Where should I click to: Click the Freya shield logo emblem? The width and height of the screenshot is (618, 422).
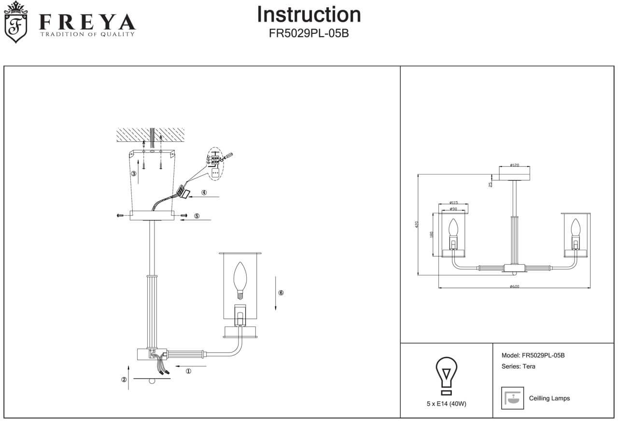point(15,22)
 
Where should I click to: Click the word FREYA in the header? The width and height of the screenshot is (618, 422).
point(87,22)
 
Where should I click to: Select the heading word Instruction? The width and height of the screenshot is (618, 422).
point(309,14)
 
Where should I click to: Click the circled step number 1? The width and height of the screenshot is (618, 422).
point(188,371)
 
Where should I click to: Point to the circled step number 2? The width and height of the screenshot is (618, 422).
point(124,380)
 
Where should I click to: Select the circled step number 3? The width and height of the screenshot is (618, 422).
point(134,174)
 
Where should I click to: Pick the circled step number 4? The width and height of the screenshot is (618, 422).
point(204,192)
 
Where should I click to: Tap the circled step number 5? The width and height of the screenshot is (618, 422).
point(197,216)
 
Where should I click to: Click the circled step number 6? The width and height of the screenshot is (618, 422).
point(281,293)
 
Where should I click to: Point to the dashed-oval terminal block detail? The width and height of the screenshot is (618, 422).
point(216,163)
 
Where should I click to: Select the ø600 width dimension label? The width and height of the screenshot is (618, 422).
point(514,286)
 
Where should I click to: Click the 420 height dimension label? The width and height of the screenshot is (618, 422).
point(419,225)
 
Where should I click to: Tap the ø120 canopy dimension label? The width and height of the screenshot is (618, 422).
point(514,165)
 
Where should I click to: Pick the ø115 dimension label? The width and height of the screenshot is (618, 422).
point(453,203)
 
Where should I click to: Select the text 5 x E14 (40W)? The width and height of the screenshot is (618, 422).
point(446,404)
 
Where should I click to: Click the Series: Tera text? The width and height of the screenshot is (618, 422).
point(519,367)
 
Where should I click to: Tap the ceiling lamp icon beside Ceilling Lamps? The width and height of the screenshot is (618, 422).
point(513,398)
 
